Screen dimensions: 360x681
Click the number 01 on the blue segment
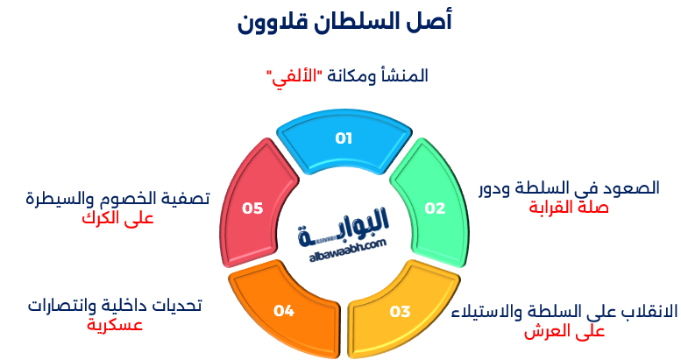[x=344, y=138]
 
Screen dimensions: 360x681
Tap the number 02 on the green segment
[x=436, y=208]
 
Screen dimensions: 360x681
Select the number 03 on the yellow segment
[x=401, y=310]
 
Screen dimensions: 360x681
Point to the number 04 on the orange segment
[x=283, y=310]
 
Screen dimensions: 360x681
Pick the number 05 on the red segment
[x=252, y=208]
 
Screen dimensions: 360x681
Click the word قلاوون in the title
[x=269, y=22]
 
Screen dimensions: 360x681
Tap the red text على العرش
[x=565, y=331]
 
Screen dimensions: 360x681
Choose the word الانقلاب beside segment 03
[x=644, y=312]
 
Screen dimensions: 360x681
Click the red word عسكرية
[x=114, y=325]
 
